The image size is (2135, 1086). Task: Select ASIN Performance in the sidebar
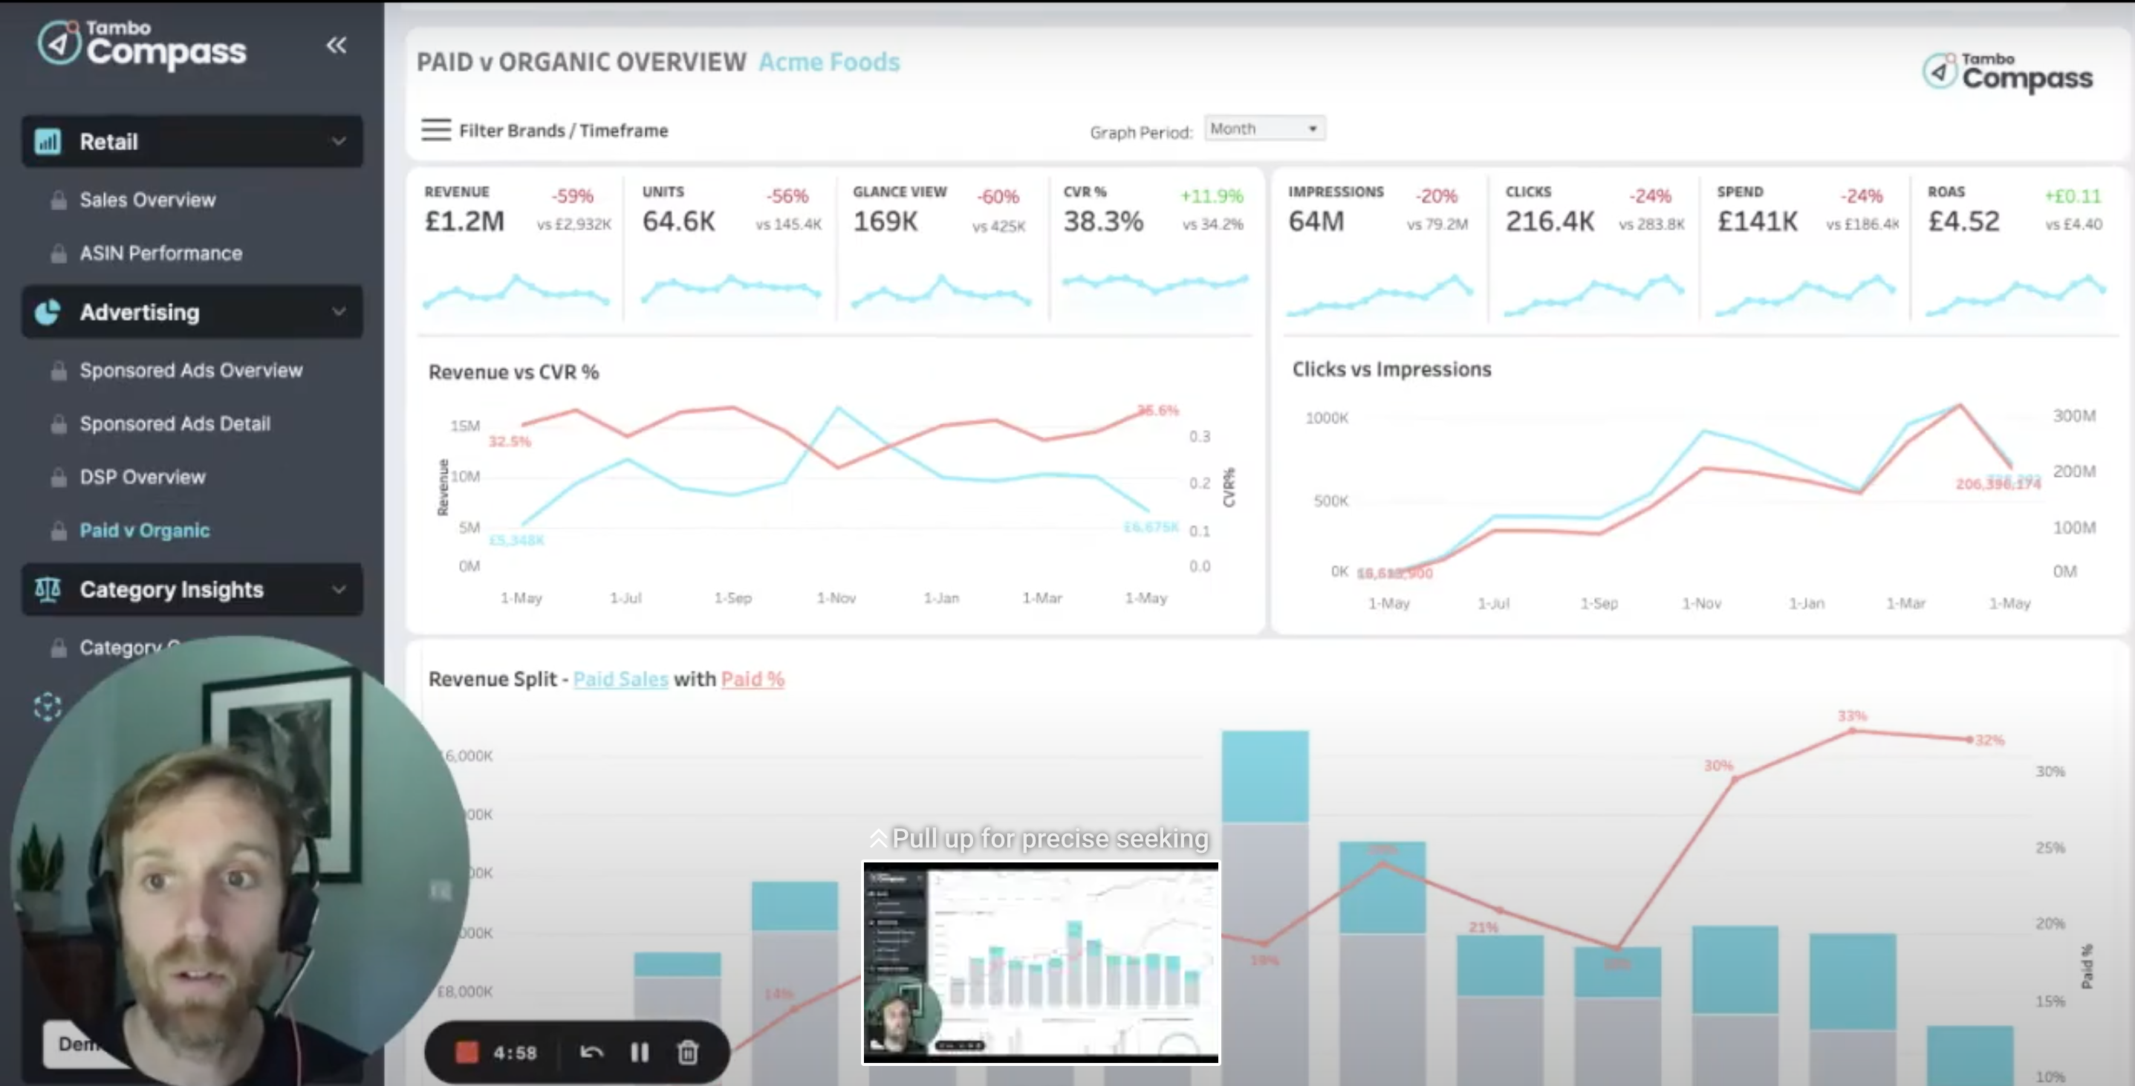(x=160, y=253)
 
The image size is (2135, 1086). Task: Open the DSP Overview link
(x=142, y=477)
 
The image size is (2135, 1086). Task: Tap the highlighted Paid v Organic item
(x=144, y=530)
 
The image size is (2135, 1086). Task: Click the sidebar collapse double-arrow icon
(x=336, y=45)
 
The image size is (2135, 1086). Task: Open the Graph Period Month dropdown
(x=1263, y=129)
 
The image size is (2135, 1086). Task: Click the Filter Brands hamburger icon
(x=436, y=130)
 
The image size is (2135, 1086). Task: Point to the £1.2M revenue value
(x=464, y=221)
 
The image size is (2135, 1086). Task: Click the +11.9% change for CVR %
(x=1211, y=196)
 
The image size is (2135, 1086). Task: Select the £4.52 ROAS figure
(x=1963, y=221)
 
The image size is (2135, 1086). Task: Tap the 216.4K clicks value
(x=1549, y=221)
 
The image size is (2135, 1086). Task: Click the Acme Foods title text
(x=829, y=62)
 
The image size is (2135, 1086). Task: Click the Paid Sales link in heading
(x=620, y=679)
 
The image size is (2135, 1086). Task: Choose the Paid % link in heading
(x=752, y=679)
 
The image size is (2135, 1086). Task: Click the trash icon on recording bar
(x=687, y=1053)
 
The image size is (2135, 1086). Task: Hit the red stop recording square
(x=467, y=1053)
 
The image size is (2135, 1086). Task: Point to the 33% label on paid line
(x=1851, y=715)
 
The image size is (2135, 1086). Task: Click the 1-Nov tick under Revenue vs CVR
(x=836, y=598)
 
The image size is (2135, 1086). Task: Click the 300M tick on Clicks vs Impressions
(x=2073, y=415)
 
